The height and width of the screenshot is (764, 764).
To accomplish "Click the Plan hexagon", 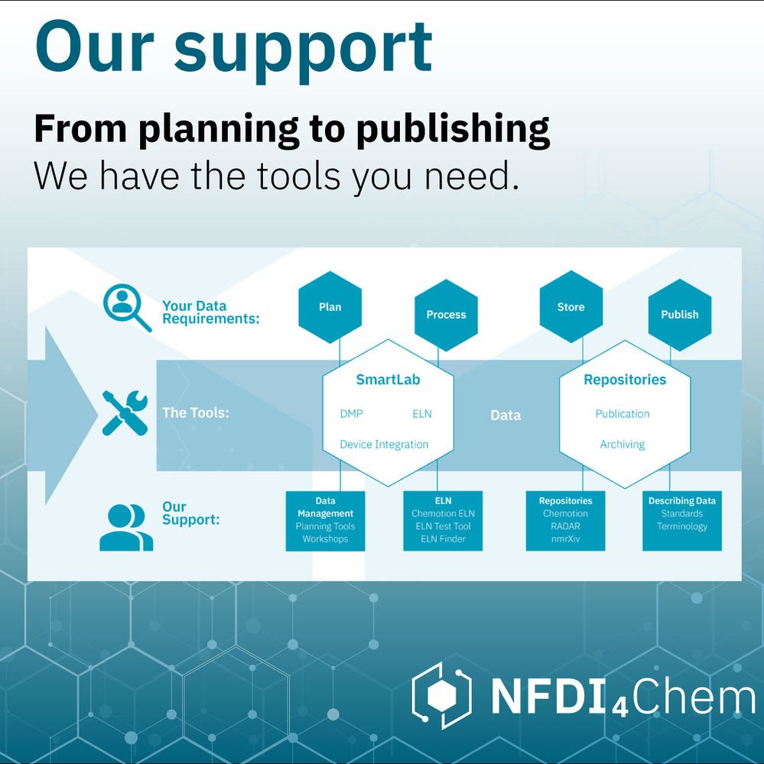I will [x=330, y=307].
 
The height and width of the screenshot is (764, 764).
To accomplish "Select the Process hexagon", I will [x=446, y=314].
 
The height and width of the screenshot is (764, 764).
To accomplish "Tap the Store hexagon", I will [x=571, y=307].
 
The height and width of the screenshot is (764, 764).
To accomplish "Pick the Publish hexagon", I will [x=679, y=314].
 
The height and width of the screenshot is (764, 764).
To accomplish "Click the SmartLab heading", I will [x=388, y=380].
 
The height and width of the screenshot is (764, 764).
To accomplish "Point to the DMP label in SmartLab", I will [x=351, y=414].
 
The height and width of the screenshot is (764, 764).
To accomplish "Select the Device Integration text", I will [x=384, y=445].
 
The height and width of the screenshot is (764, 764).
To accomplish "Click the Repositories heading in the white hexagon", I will [x=624, y=380].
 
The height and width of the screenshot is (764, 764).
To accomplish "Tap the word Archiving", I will [x=622, y=445].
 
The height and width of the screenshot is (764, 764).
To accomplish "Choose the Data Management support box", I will [x=325, y=520].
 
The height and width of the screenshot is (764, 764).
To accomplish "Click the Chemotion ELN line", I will [x=443, y=513].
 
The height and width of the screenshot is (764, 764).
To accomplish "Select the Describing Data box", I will [x=681, y=520].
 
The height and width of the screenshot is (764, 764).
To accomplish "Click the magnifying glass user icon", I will [x=126, y=307].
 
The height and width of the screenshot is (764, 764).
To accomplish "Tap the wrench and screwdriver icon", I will [x=125, y=413].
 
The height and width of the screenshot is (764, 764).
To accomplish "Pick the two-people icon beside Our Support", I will [x=126, y=526].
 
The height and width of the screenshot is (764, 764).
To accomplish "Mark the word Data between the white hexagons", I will [x=506, y=416].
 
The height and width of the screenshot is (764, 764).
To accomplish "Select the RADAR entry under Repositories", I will [x=565, y=526].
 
